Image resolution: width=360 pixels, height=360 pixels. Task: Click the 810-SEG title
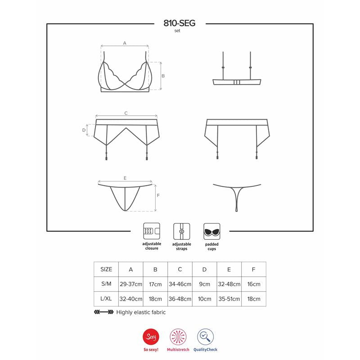[x=180, y=23]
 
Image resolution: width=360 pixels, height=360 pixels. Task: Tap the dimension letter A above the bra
[x=125, y=43]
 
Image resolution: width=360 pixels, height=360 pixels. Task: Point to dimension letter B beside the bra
[x=163, y=76]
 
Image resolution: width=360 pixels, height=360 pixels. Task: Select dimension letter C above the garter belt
[x=126, y=113]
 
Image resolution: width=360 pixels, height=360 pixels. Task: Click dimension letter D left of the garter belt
[x=84, y=130]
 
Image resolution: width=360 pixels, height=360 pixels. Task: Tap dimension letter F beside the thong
[x=158, y=196]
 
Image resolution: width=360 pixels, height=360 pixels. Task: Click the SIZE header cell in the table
[x=106, y=270]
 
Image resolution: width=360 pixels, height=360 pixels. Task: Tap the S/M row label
[x=106, y=284]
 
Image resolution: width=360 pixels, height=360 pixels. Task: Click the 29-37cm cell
[x=131, y=284]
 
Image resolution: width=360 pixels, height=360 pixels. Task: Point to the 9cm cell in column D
[x=204, y=284]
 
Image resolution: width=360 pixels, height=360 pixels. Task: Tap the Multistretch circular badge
[x=177, y=337]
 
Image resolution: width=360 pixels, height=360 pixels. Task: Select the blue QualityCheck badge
[x=206, y=337]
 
